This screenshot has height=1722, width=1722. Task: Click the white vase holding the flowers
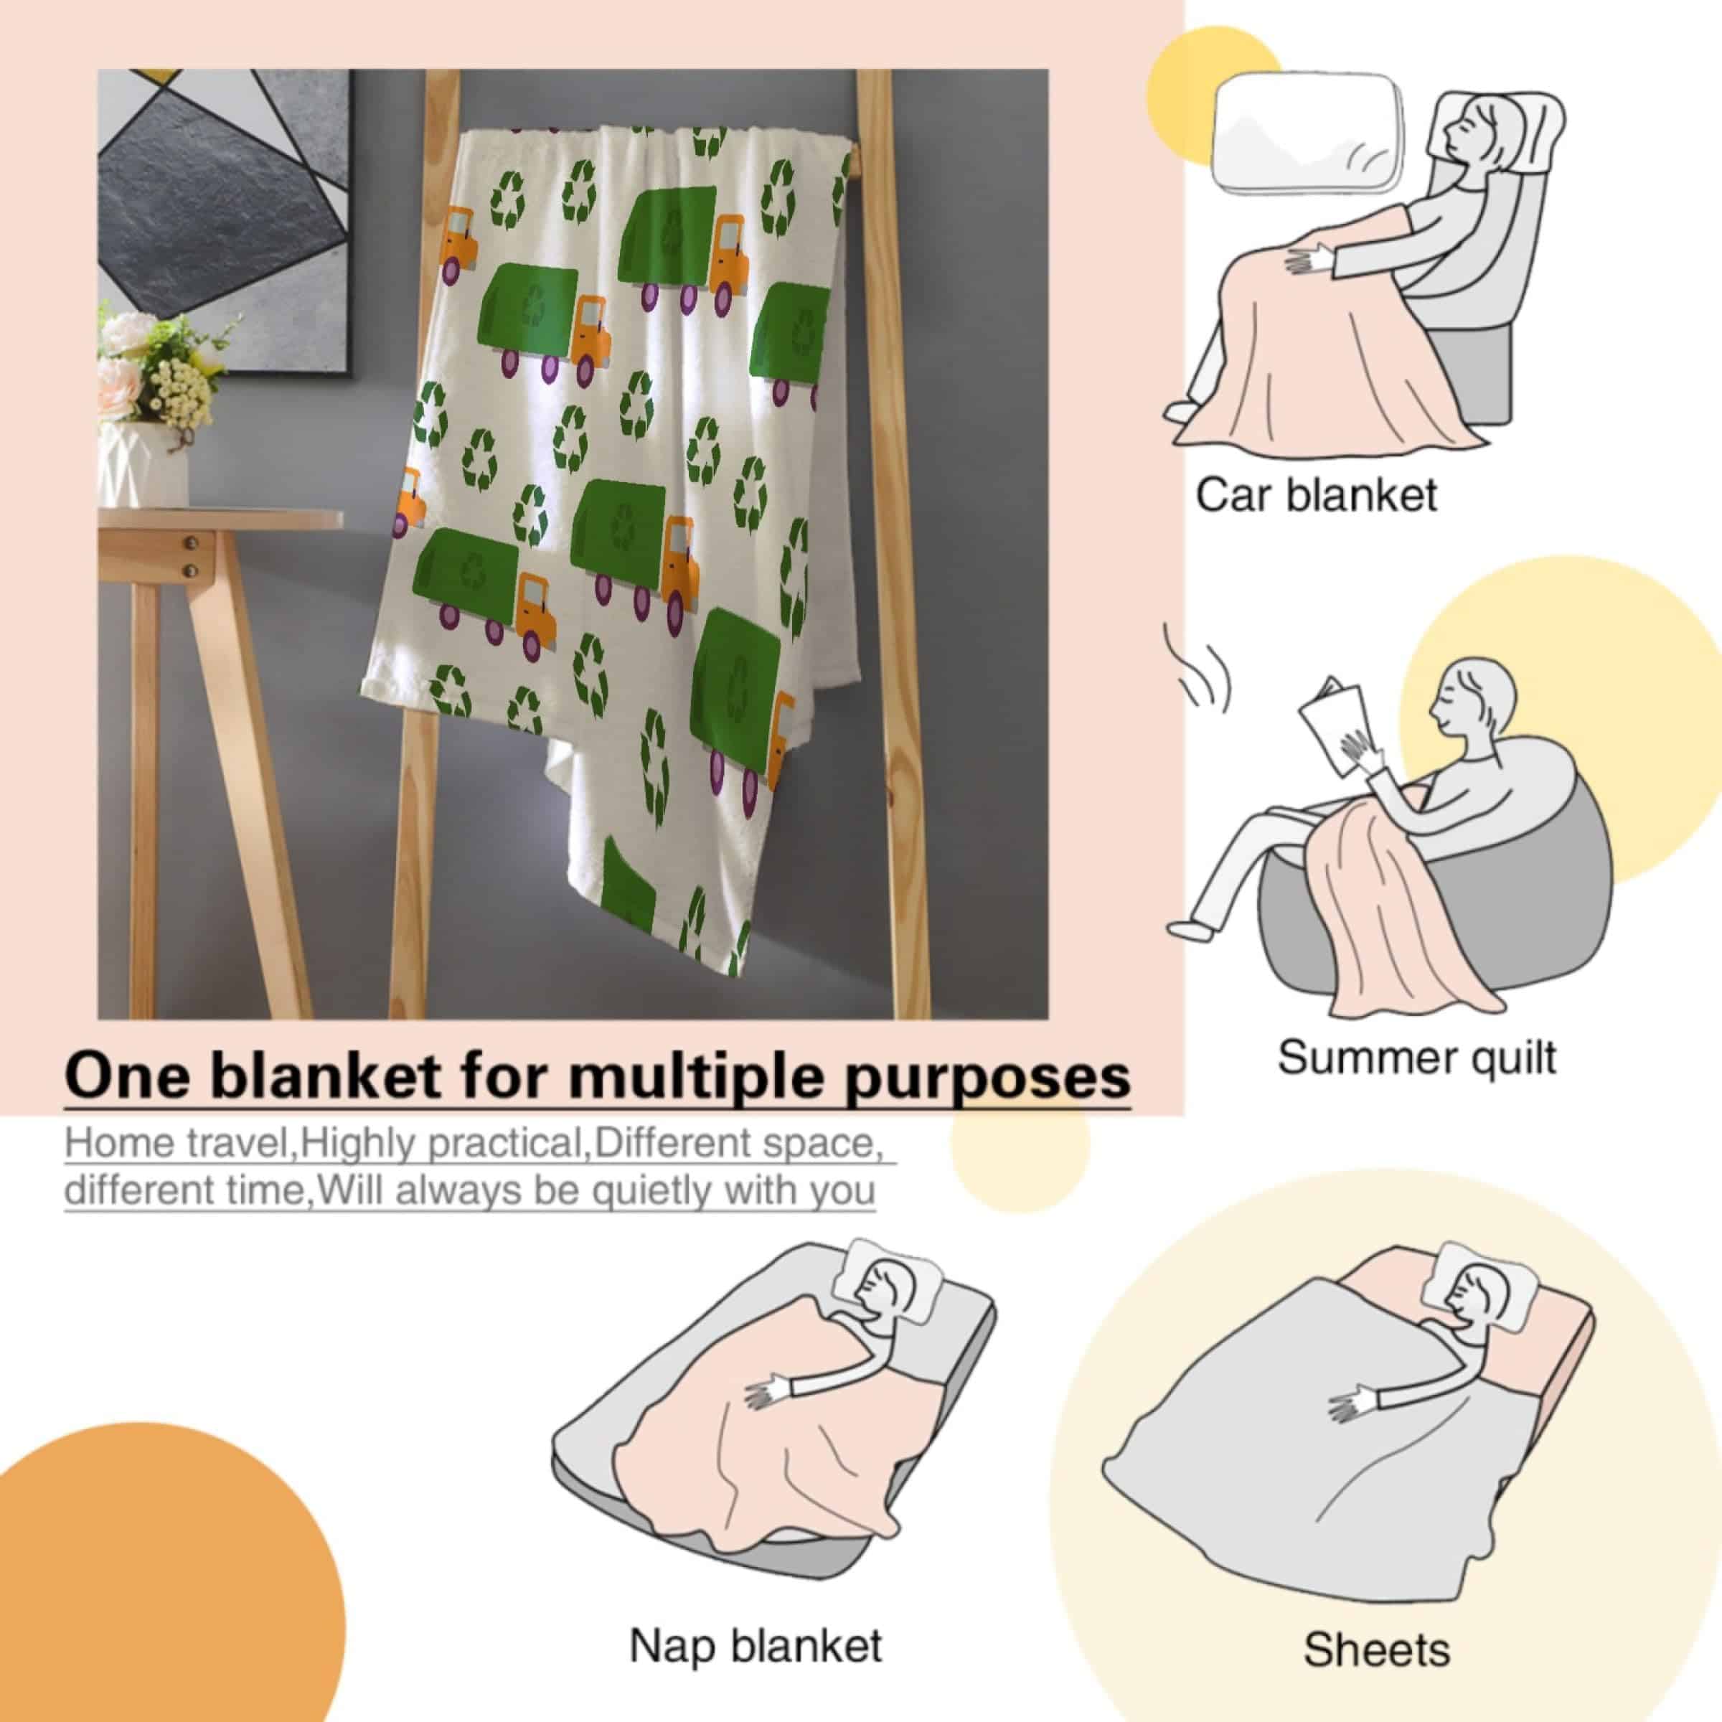click(x=143, y=464)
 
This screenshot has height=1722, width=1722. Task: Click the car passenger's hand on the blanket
click(x=1307, y=259)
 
